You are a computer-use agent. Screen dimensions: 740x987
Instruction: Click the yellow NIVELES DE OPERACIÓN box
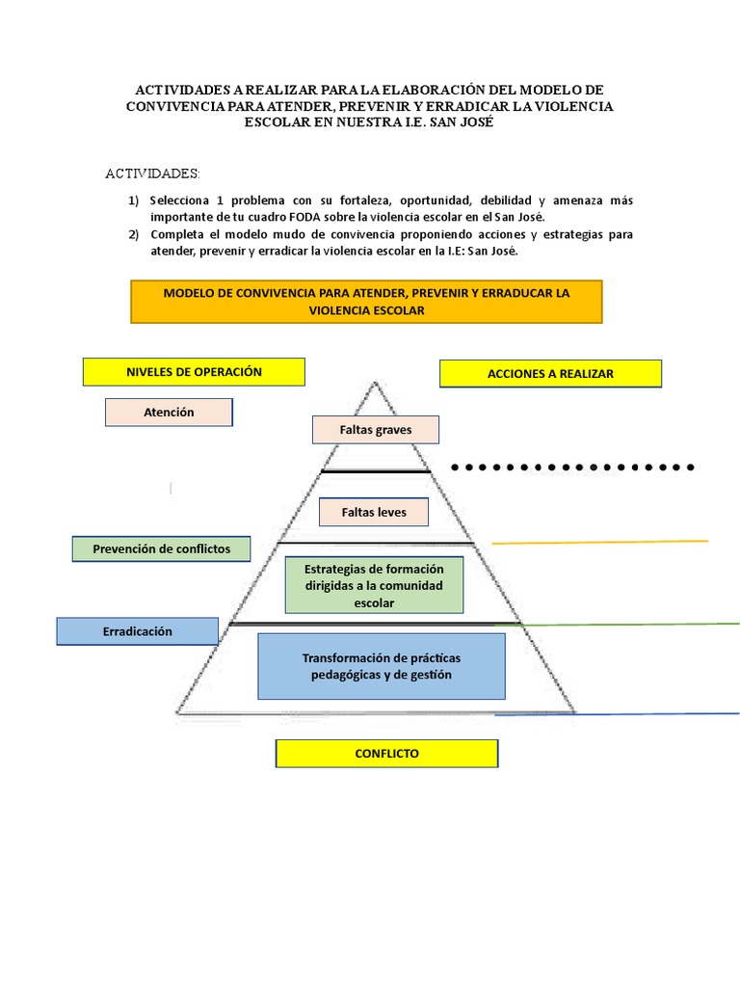coord(194,372)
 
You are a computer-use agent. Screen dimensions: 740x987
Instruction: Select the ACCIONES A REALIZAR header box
coord(550,374)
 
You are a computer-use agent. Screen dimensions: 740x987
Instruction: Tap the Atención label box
coord(169,413)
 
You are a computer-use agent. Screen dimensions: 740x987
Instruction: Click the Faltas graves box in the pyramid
coord(376,430)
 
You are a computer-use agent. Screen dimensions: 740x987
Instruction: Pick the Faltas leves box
coord(374,513)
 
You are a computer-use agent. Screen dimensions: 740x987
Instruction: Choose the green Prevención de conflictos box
coord(161,548)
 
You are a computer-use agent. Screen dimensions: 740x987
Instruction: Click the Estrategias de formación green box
coord(375,585)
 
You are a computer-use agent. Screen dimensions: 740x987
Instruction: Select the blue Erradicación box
coord(137,631)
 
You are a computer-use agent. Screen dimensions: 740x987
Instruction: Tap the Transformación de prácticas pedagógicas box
coord(382,667)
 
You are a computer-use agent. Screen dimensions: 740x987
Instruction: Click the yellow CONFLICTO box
coord(387,754)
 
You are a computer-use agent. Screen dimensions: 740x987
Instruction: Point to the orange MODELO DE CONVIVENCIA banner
coord(366,302)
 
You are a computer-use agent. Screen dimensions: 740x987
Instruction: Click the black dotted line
coord(572,467)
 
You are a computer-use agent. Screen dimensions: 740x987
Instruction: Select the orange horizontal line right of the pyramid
coord(599,542)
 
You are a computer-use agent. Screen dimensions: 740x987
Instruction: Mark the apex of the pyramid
coord(376,382)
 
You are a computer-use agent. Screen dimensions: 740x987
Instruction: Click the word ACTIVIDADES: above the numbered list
coord(152,173)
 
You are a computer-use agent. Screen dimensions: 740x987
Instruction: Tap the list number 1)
coord(133,200)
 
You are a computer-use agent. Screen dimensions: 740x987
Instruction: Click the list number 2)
coord(133,235)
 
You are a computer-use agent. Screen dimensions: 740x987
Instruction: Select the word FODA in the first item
coord(304,217)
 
